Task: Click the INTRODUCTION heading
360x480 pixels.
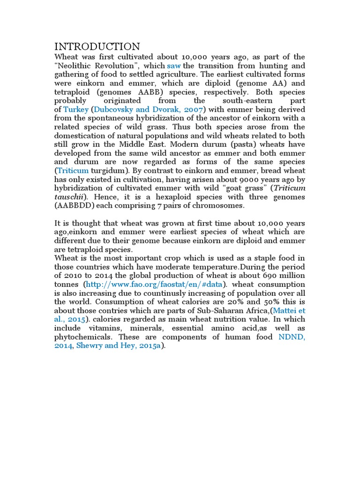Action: (x=97, y=46)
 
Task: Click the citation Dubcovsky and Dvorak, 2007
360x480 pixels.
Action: (x=149, y=110)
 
